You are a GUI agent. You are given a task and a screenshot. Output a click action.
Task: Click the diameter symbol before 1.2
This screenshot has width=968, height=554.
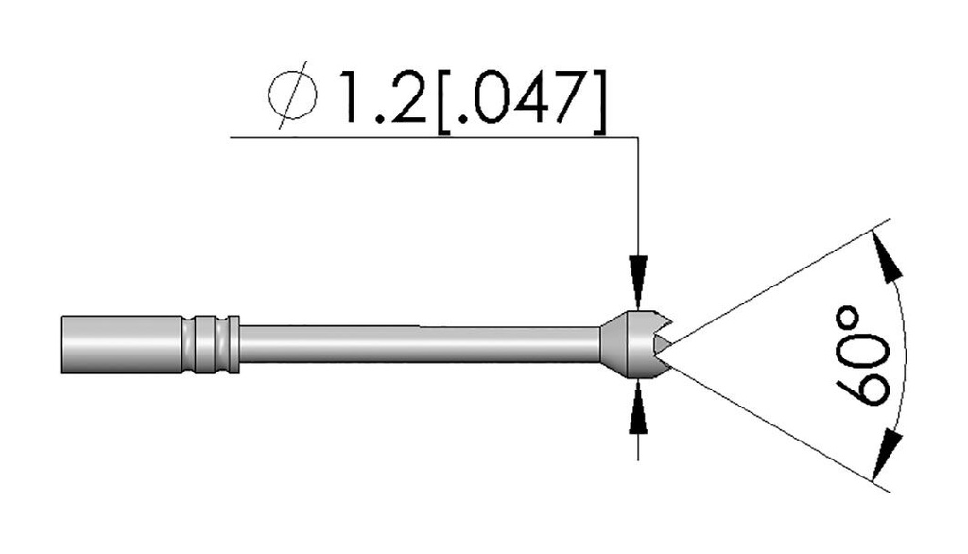(293, 95)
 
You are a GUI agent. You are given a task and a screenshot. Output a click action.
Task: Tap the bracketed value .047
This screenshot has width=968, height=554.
(521, 95)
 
